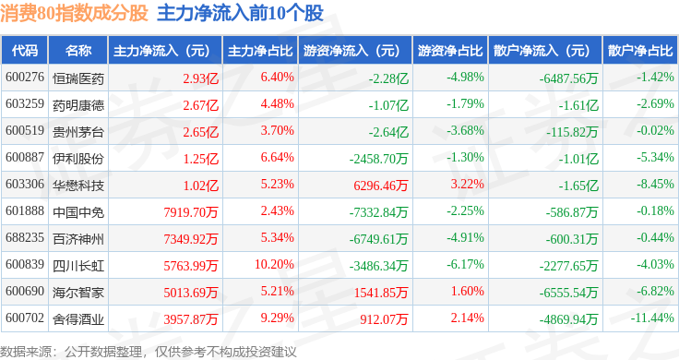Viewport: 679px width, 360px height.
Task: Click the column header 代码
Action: pyautogui.click(x=25, y=51)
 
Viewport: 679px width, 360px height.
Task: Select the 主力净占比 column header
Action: pyautogui.click(x=260, y=51)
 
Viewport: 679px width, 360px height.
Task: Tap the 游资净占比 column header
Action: pyautogui.click(x=450, y=51)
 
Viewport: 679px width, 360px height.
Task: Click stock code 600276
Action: pyautogui.click(x=25, y=78)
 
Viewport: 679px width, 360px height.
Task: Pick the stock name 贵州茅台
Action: pyautogui.click(x=78, y=132)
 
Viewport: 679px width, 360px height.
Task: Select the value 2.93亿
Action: pyautogui.click(x=200, y=78)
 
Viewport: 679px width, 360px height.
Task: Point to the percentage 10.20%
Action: pyautogui.click(x=274, y=264)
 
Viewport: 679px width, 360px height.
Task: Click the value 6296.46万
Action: pyautogui.click(x=381, y=186)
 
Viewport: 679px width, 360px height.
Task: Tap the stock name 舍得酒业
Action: pyautogui.click(x=78, y=319)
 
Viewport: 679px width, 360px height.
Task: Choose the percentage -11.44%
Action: pyautogui.click(x=652, y=318)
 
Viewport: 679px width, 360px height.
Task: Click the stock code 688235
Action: pyautogui.click(x=25, y=237)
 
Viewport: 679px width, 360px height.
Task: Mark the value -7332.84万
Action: pyautogui.click(x=379, y=212)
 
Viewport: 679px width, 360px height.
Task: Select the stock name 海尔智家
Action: pyautogui.click(x=78, y=293)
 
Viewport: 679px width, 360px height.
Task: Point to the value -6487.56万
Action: pyautogui.click(x=568, y=78)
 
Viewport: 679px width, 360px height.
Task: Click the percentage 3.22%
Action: pyautogui.click(x=467, y=184)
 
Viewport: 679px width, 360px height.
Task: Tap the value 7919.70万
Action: pyautogui.click(x=191, y=212)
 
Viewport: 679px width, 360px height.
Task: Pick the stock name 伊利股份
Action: pyautogui.click(x=78, y=159)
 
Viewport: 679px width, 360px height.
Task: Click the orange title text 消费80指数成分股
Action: pyautogui.click(x=74, y=14)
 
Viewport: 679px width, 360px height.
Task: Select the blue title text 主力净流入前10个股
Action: pyautogui.click(x=241, y=14)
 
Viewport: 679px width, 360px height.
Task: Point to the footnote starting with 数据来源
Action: pyautogui.click(x=149, y=352)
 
